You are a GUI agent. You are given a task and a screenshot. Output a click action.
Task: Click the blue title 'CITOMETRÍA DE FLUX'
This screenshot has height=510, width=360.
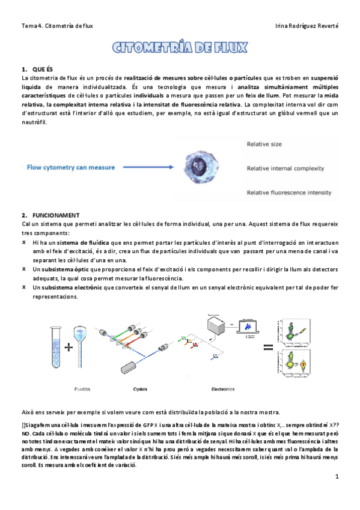180,48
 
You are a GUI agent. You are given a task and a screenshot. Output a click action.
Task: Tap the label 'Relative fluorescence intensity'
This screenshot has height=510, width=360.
289,192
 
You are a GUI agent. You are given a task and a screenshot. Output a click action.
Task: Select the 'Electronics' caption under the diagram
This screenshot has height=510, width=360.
222,389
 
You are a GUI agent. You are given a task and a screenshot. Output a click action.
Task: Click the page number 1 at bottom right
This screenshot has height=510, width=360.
337,477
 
